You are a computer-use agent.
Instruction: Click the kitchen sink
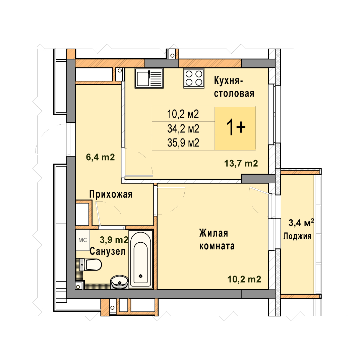[149, 78]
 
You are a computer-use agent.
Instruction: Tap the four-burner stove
[194, 78]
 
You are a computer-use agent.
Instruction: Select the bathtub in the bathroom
[140, 259]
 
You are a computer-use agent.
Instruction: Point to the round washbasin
[120, 282]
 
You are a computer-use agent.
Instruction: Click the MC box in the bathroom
[83, 240]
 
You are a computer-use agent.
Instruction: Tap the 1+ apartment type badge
[235, 129]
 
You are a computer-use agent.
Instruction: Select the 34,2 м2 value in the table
[183, 129]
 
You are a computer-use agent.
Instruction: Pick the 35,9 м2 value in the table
[183, 143]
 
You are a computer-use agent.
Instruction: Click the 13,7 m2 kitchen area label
[241, 164]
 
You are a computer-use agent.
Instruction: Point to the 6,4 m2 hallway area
[101, 157]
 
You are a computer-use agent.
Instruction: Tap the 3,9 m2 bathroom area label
[114, 240]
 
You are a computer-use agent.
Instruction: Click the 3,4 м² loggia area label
[301, 223]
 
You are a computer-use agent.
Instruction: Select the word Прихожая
[111, 194]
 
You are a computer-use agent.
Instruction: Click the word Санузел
[108, 251]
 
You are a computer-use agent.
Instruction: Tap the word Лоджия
[297, 236]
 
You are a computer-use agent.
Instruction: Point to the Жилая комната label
[217, 240]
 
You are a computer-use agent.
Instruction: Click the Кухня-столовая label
[234, 87]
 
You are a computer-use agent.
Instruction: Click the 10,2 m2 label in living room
[244, 279]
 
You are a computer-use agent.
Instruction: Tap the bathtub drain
[140, 276]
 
